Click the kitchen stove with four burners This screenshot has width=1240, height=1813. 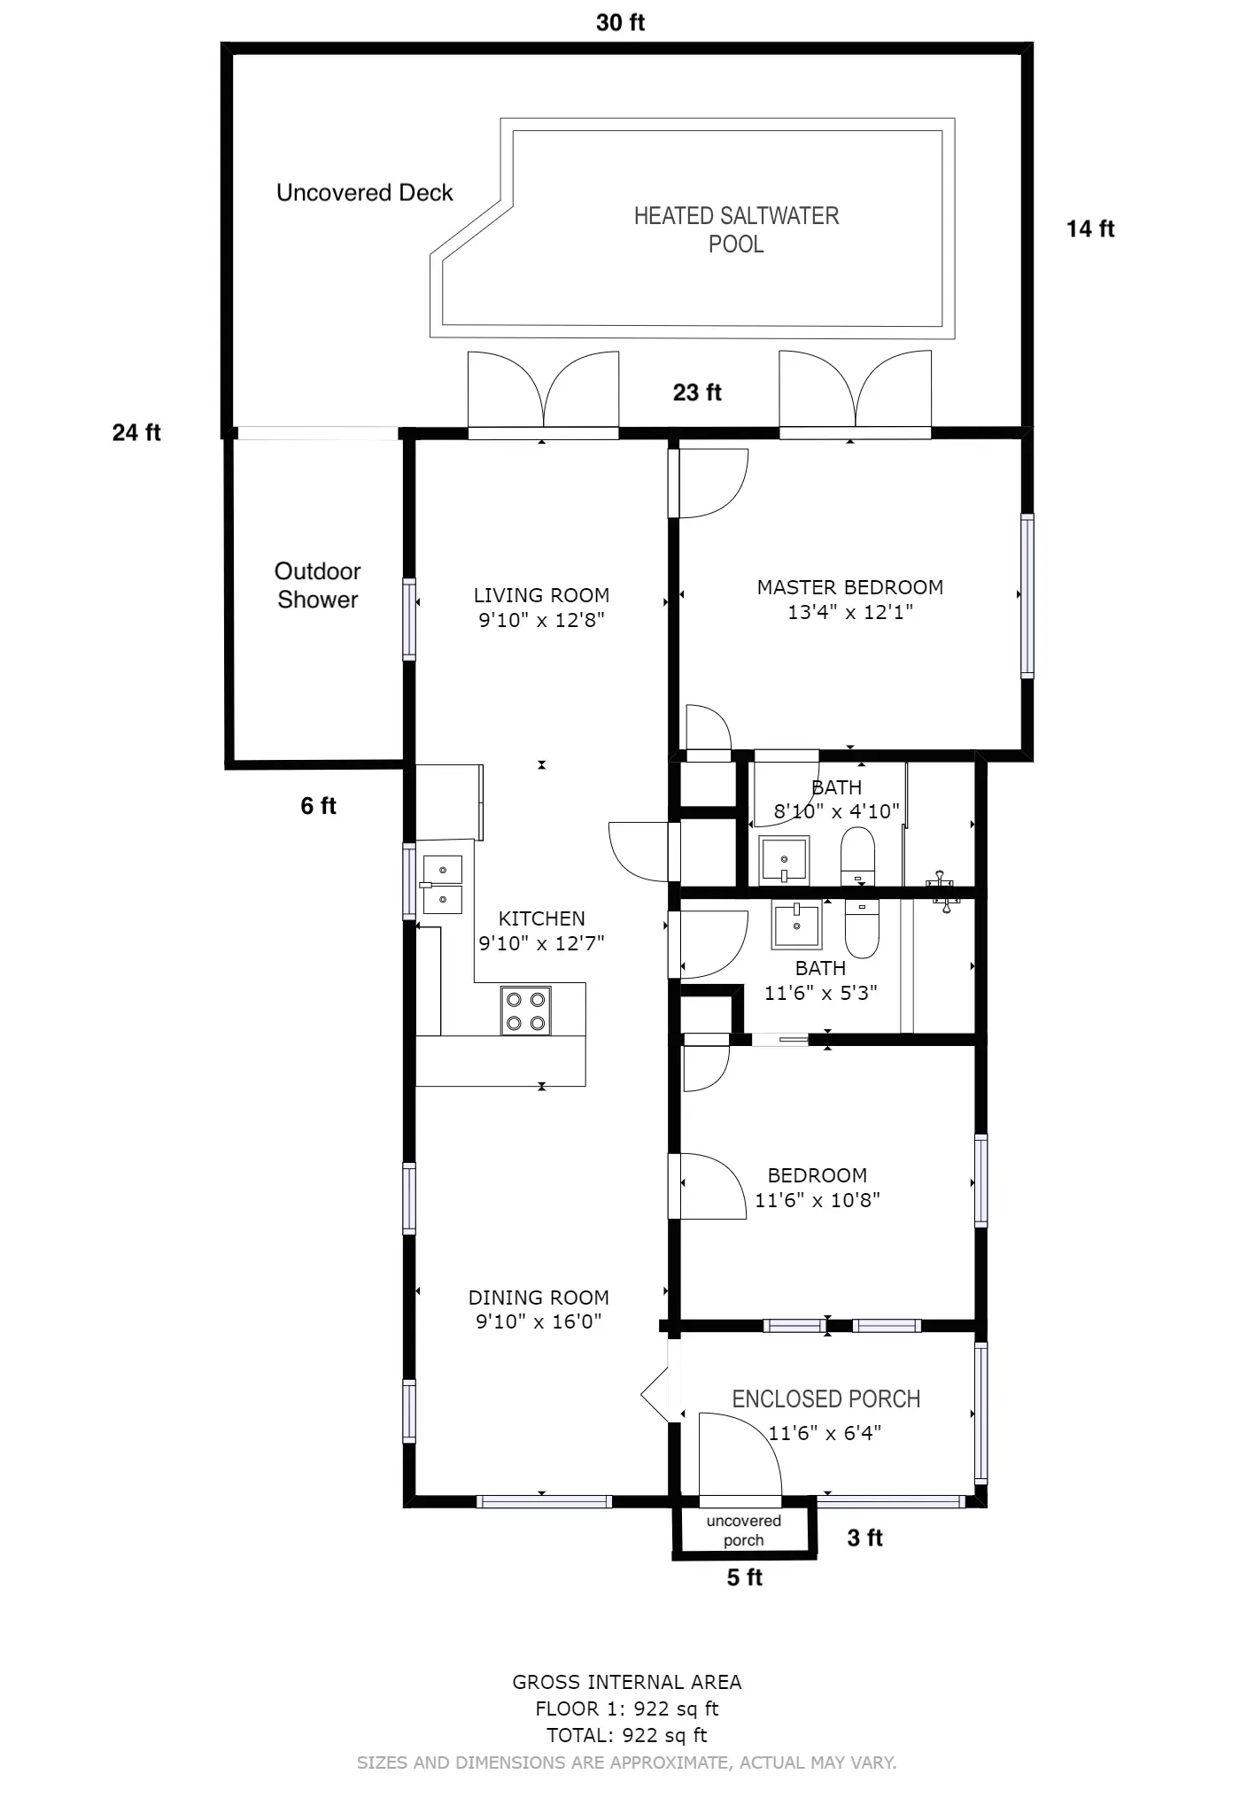[x=525, y=1010]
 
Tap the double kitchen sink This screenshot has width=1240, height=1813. [x=442, y=884]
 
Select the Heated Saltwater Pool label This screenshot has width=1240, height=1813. [x=736, y=229]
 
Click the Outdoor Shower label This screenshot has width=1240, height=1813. [x=317, y=585]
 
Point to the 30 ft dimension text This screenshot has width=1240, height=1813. [x=620, y=23]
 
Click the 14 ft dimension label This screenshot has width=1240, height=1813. [x=1090, y=229]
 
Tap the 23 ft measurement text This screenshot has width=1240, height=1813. [x=697, y=392]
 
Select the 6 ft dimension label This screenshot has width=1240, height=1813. [x=319, y=806]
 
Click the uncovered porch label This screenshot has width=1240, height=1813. [x=744, y=1530]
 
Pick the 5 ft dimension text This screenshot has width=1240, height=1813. [x=745, y=1577]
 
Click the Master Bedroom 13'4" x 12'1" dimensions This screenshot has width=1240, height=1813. [x=850, y=612]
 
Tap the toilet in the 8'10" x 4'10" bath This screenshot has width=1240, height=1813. [x=857, y=856]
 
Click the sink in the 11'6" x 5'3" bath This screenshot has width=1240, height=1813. [x=796, y=924]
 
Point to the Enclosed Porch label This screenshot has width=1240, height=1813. [x=826, y=1398]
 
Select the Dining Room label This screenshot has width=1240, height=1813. [x=539, y=1298]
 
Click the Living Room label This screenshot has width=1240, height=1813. [x=541, y=595]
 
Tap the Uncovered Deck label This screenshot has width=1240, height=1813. [x=365, y=193]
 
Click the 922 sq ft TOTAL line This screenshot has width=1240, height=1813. [x=627, y=1735]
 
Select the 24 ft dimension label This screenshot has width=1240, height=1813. [x=136, y=432]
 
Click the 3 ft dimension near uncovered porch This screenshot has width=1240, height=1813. [x=865, y=1538]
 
